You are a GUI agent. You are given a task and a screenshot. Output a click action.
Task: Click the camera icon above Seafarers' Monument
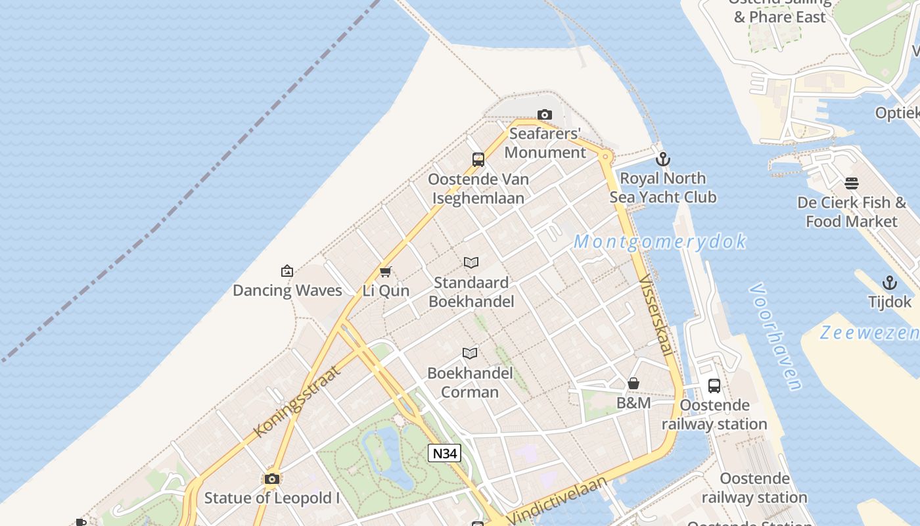(544, 115)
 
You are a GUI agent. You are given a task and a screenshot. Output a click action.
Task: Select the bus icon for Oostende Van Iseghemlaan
(478, 159)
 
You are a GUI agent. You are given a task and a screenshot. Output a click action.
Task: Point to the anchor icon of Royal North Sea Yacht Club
(663, 159)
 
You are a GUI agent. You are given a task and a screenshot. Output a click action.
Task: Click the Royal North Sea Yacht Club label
(662, 187)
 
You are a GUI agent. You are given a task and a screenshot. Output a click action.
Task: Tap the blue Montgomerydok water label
(660, 242)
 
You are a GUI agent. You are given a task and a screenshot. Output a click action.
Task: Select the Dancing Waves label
(287, 291)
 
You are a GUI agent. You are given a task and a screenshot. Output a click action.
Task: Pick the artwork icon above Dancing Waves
(287, 271)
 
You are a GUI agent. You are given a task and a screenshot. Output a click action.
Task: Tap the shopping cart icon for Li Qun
(386, 272)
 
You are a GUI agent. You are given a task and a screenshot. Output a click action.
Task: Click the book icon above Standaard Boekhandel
(471, 263)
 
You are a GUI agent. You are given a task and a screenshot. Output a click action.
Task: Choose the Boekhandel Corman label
(470, 383)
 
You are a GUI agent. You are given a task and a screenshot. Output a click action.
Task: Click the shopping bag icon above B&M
(633, 383)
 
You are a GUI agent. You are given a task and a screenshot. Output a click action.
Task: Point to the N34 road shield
(445, 453)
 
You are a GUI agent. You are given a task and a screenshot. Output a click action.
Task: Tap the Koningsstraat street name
(298, 401)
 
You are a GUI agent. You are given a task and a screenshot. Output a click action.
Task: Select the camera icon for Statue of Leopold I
(272, 479)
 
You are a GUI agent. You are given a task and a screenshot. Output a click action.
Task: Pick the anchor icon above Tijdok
(889, 283)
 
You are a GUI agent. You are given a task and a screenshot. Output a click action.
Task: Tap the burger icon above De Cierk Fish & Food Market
(852, 183)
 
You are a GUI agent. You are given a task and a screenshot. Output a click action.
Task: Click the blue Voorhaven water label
(775, 337)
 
